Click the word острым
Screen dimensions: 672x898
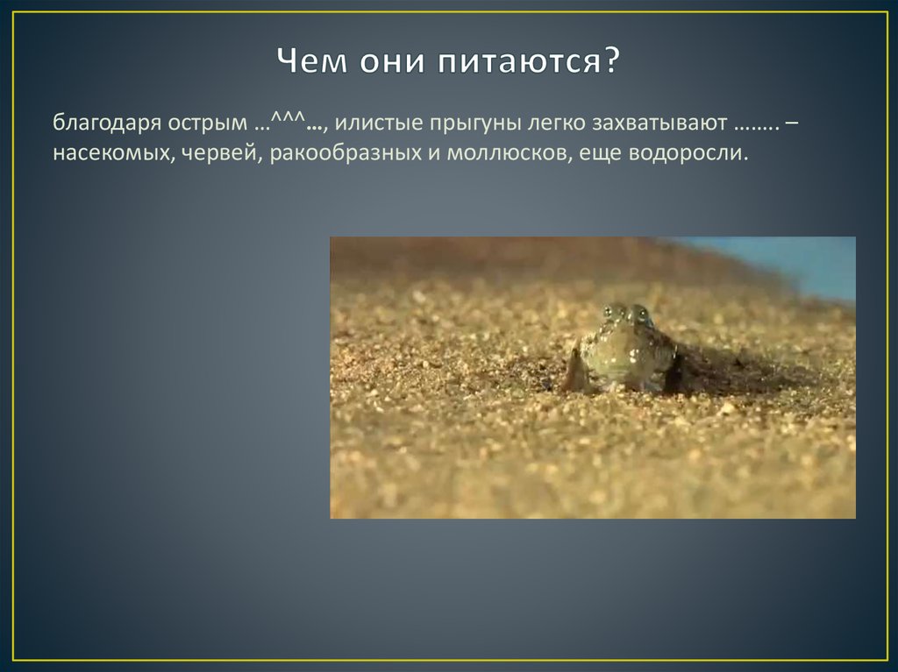203,124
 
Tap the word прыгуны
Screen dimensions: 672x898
465,124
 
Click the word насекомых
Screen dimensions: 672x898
105,152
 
